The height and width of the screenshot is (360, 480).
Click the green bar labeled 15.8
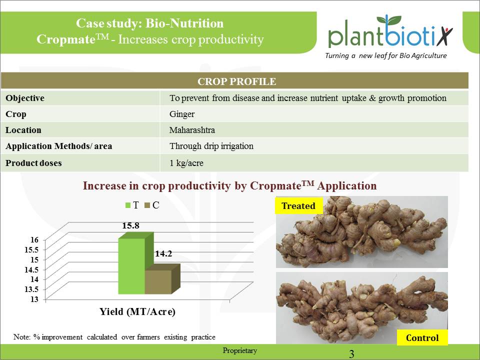click(131, 266)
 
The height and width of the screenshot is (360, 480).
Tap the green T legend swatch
click(127, 205)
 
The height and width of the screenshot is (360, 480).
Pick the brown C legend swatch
click(147, 205)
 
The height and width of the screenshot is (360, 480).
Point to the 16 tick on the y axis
click(34, 239)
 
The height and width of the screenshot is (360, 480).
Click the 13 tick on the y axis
click(34, 298)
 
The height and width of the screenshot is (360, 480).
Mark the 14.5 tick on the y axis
click(31, 269)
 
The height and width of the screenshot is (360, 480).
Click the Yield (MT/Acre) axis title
click(137, 312)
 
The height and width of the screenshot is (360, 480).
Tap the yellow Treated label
click(298, 205)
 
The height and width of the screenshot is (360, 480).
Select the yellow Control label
click(422, 338)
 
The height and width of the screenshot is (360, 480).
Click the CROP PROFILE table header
click(236, 81)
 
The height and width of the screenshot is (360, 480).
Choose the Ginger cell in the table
click(182, 114)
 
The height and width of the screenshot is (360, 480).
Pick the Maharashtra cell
click(192, 130)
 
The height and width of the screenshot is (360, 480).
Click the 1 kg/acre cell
click(186, 163)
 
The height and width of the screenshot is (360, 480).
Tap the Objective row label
click(25, 98)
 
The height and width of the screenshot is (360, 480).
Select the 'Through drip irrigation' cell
click(211, 146)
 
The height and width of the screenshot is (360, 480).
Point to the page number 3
click(351, 354)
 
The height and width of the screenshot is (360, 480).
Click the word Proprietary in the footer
click(240, 350)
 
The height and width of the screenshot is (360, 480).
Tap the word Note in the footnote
click(22, 337)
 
